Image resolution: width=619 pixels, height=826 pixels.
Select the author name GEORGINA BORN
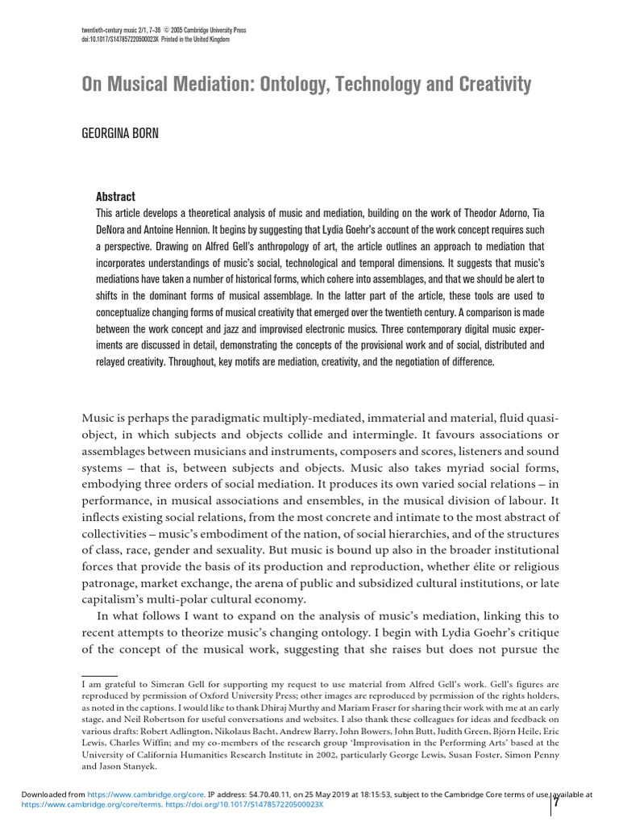tap(120, 133)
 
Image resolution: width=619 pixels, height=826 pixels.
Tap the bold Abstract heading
tap(115, 196)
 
